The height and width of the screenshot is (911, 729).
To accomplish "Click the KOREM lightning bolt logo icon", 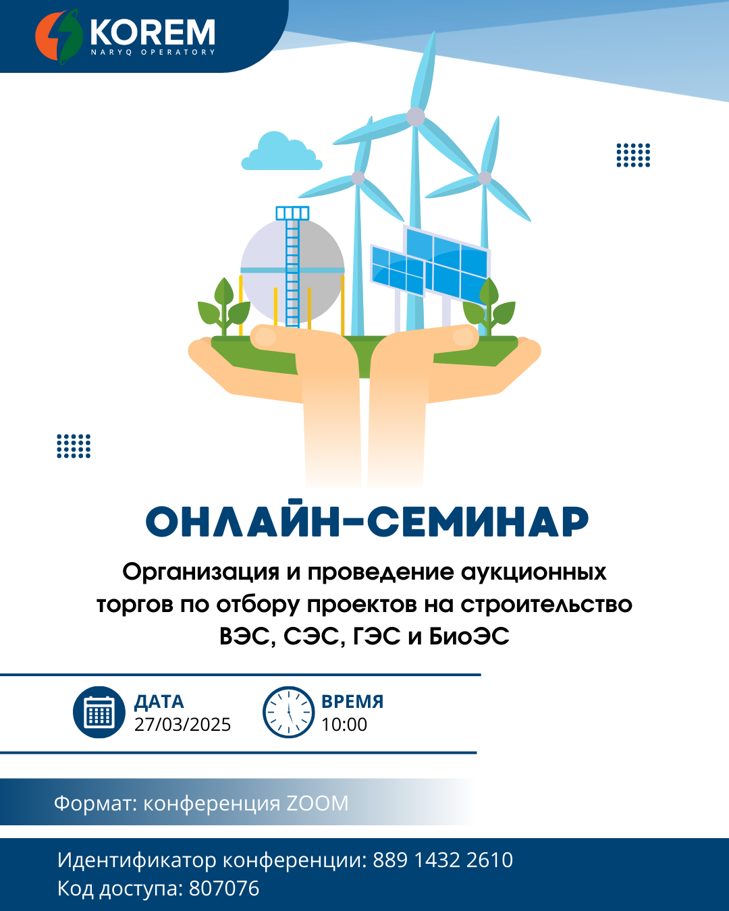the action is click(x=59, y=36).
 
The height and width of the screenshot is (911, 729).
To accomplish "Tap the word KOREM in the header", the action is click(x=153, y=32).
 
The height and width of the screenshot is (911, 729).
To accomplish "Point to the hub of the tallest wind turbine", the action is click(x=416, y=117).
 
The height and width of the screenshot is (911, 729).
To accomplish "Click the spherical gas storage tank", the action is click(x=292, y=270).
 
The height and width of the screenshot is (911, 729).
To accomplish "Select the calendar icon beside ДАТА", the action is click(x=99, y=712).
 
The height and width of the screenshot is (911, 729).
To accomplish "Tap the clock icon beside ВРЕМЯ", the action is click(x=288, y=712).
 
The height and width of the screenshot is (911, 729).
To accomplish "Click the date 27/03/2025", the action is click(x=182, y=724).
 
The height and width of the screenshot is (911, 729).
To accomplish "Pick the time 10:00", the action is click(x=344, y=724).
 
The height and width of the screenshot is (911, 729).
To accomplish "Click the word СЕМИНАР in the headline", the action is click(x=477, y=521).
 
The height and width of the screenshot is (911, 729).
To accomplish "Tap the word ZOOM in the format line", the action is click(x=317, y=803).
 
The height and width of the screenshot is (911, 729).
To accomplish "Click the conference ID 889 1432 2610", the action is click(x=443, y=860).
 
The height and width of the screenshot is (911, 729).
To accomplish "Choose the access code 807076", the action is click(x=224, y=888).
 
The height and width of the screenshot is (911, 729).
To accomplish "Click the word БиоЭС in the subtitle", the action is click(x=469, y=636).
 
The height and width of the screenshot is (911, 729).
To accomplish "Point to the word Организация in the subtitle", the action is click(x=200, y=572).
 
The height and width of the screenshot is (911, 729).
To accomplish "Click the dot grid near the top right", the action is click(x=633, y=155).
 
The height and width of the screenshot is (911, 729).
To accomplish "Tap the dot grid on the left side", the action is click(x=74, y=446).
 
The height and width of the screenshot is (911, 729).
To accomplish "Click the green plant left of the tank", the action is click(x=224, y=306).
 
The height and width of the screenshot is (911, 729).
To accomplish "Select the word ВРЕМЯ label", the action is click(x=352, y=701).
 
